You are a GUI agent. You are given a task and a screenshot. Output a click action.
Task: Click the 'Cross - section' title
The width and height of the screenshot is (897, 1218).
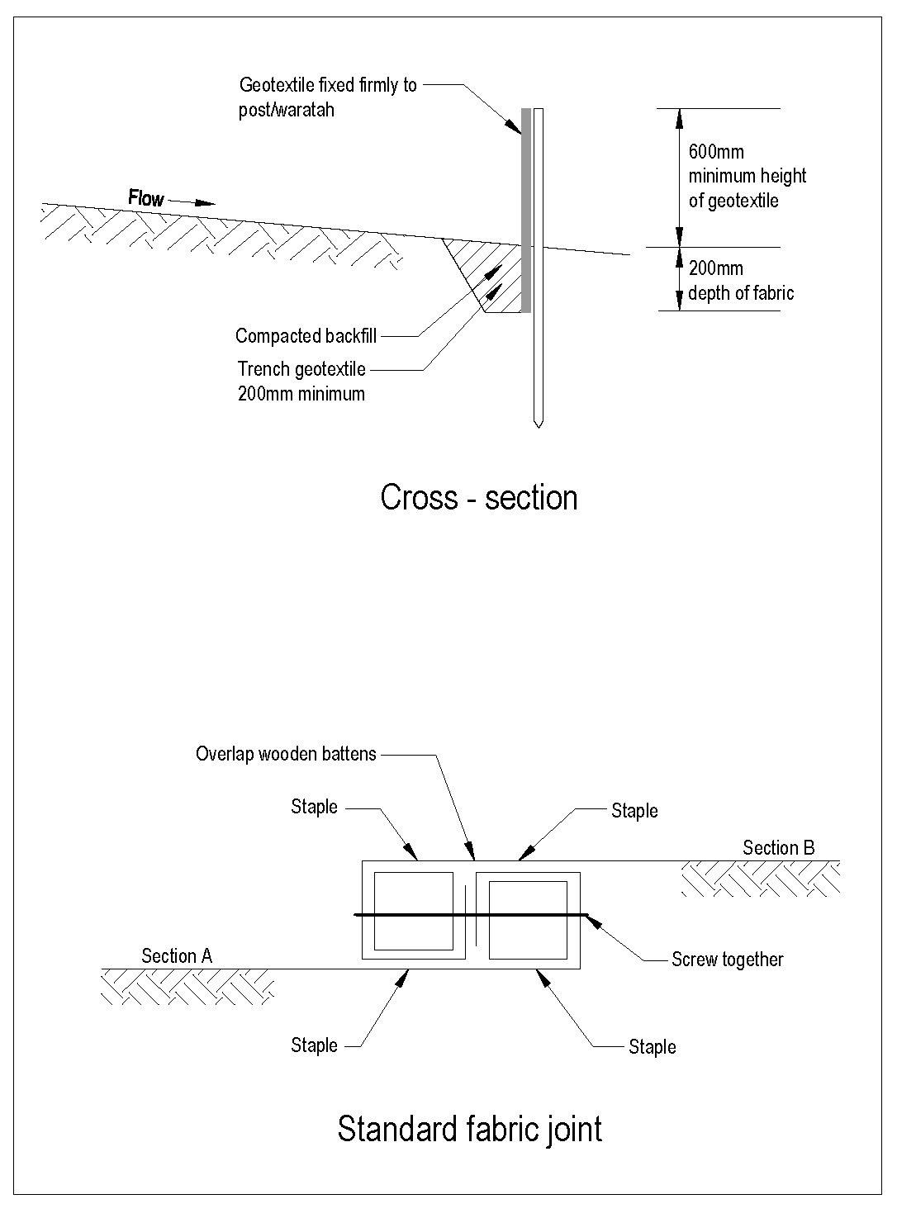pos(478,498)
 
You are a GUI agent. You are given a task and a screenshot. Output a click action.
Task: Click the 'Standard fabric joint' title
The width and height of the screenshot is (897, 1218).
pos(469,1128)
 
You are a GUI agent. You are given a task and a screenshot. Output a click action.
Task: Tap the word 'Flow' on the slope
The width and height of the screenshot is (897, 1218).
pos(146,198)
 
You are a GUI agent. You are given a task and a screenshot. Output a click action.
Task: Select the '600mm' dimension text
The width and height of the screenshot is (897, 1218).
pos(716,152)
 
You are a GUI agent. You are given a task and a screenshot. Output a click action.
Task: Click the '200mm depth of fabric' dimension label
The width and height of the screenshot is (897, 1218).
pos(741,281)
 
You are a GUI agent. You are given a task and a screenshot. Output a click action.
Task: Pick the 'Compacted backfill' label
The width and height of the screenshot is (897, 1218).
pos(306,336)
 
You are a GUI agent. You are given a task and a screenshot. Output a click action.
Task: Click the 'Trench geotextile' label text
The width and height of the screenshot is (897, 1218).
pos(301,368)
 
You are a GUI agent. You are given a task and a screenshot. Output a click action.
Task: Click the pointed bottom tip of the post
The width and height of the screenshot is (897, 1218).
pos(538,424)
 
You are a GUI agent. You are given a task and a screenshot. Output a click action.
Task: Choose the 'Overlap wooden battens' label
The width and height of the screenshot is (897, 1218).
pos(286,754)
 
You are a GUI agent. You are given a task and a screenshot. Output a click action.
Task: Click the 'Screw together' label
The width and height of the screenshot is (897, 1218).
pos(727,960)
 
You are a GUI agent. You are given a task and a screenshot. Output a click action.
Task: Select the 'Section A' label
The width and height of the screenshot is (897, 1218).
pos(177,956)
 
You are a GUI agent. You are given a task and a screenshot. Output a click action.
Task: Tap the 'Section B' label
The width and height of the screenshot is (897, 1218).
pos(779,847)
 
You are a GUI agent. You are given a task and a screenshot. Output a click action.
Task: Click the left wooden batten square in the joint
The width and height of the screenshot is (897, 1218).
pos(414,914)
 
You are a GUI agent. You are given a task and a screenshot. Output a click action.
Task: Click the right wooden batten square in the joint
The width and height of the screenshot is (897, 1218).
pos(528,920)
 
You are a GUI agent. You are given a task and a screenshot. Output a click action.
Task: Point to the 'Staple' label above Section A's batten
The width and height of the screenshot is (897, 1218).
pos(314,807)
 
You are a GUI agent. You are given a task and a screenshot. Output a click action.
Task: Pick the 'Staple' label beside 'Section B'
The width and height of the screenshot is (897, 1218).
pos(634,811)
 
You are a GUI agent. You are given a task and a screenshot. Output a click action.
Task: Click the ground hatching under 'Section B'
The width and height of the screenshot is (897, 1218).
pos(760,879)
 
